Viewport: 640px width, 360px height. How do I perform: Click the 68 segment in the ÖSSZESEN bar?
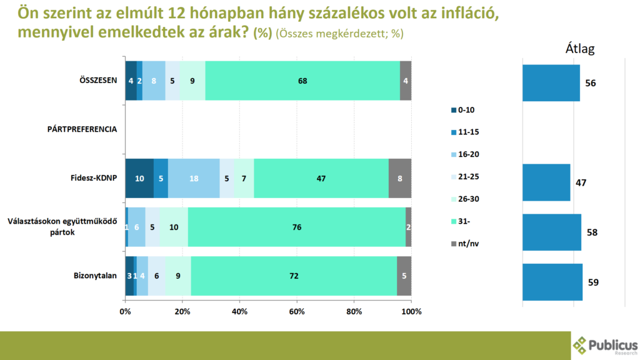tap(302, 81)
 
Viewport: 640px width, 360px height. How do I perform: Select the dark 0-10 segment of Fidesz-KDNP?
tap(139, 178)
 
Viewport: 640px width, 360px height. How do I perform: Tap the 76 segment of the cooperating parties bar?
tap(297, 227)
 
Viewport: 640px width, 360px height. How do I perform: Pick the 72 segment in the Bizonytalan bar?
tap(294, 276)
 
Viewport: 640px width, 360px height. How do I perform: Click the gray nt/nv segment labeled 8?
tap(400, 178)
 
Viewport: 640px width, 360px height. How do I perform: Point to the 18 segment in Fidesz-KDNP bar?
tap(194, 178)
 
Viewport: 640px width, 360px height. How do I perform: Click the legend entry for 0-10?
tap(465, 110)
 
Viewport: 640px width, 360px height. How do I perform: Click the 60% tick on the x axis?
tap(296, 311)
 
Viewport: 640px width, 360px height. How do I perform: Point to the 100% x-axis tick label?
tap(411, 311)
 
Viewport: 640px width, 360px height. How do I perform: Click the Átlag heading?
tap(579, 49)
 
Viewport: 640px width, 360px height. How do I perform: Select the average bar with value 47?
tap(546, 182)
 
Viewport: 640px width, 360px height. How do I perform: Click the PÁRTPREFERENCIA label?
tap(82, 129)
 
